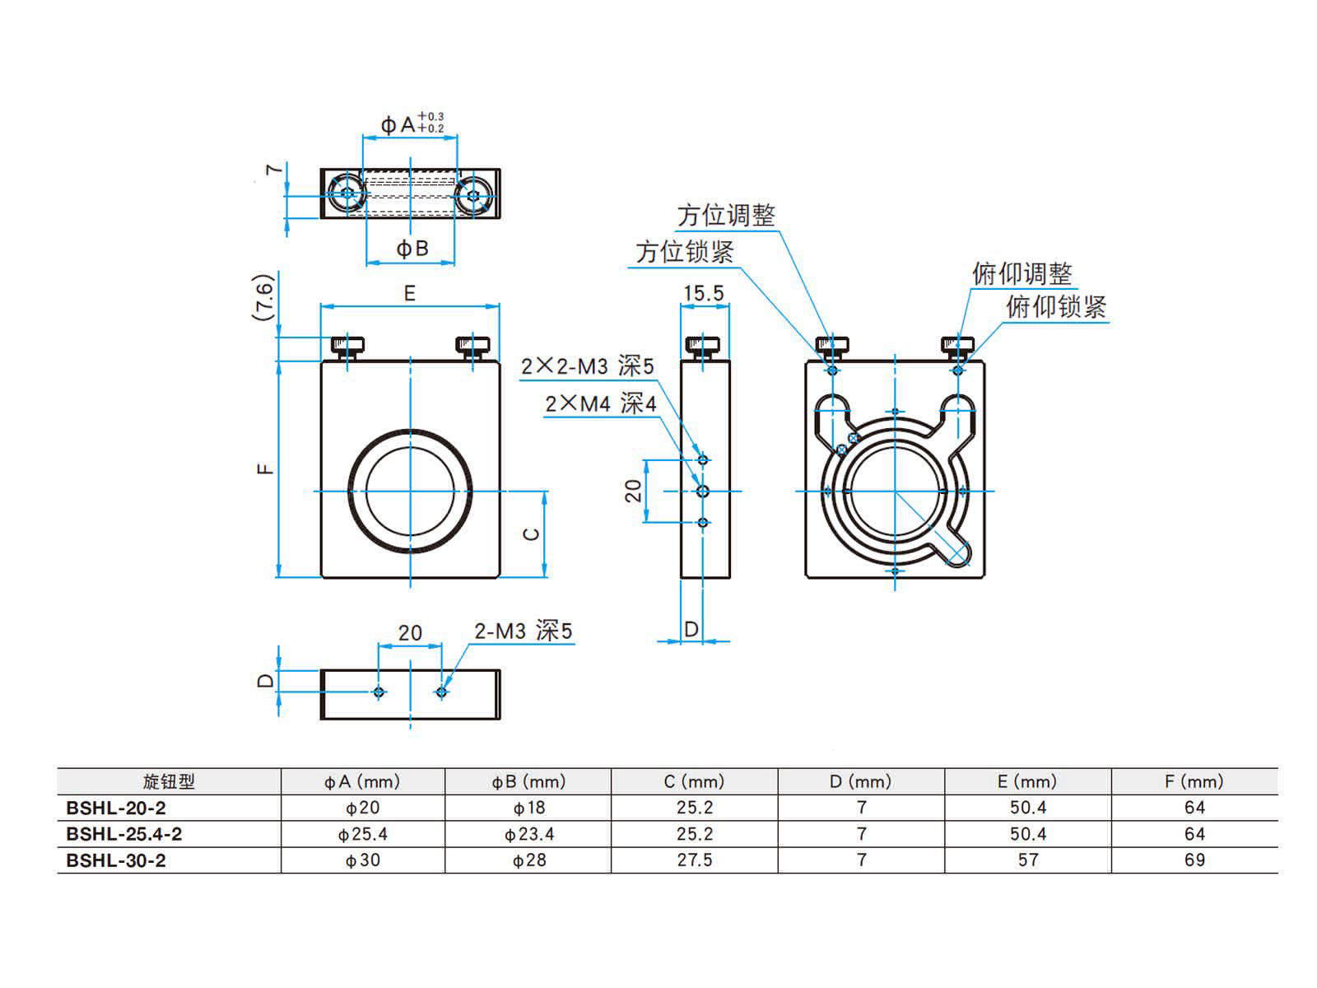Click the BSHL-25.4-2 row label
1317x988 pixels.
[123, 834]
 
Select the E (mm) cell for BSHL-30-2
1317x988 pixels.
[1027, 860]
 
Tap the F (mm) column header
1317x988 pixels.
[1194, 781]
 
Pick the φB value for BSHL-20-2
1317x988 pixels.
[528, 808]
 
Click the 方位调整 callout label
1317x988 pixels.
[726, 216]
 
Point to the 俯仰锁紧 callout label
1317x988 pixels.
[1056, 307]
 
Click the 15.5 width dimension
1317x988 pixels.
[703, 293]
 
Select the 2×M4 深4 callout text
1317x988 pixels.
[601, 403]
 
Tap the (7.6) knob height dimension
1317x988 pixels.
[263, 297]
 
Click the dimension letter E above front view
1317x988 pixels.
[409, 293]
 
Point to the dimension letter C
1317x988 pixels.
[532, 534]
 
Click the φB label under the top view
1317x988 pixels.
[412, 249]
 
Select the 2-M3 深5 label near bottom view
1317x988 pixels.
[523, 631]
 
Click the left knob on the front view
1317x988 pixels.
[348, 346]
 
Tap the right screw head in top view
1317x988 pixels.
[472, 195]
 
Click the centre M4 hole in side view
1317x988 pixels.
[703, 492]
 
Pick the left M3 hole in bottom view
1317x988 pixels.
[379, 692]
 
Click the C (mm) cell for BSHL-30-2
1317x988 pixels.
[694, 860]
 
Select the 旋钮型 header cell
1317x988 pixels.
[169, 781]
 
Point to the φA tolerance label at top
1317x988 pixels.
[412, 124]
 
